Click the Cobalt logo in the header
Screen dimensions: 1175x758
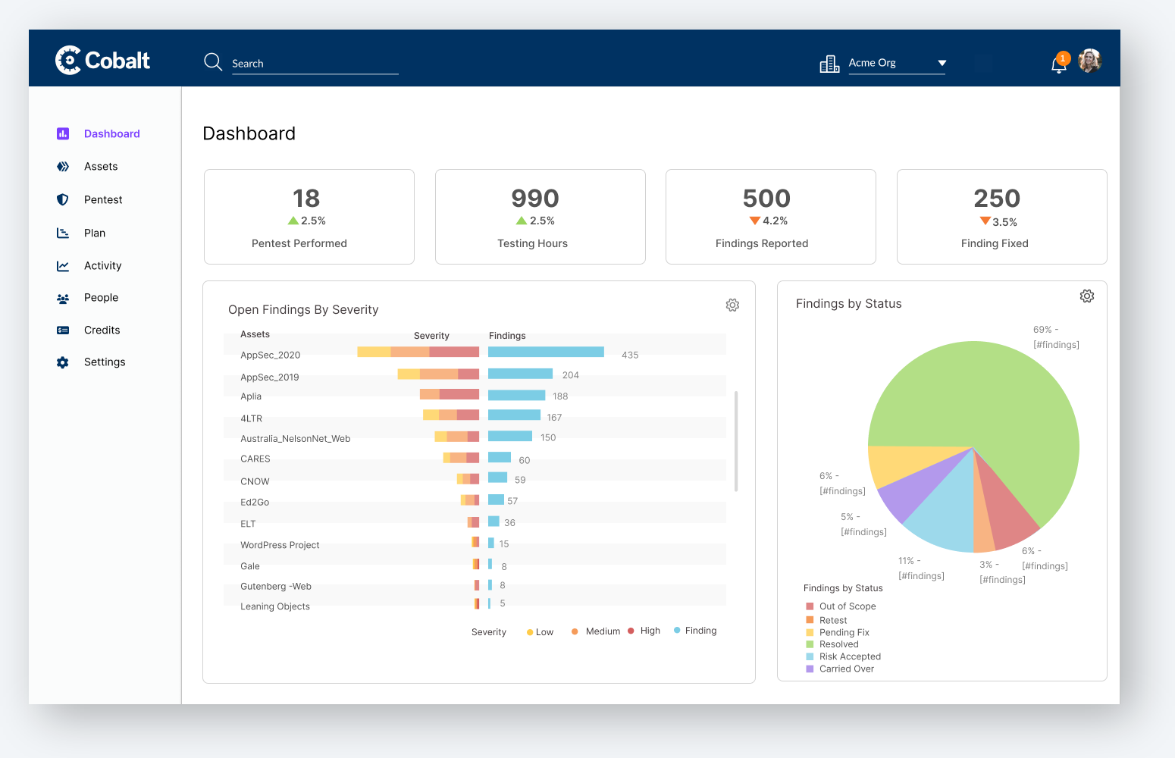click(x=102, y=61)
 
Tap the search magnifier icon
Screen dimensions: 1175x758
click(x=212, y=62)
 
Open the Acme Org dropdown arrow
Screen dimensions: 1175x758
click(x=942, y=63)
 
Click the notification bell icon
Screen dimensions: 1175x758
click(x=1058, y=64)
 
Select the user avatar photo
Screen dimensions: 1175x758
click(x=1089, y=61)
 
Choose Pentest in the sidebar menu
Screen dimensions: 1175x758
click(x=103, y=199)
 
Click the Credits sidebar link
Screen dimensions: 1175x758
click(x=102, y=330)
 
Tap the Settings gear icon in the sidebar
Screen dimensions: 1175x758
click(x=62, y=362)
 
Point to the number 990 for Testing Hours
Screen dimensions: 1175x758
click(x=535, y=199)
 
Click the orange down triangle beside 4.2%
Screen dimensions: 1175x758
click(x=754, y=221)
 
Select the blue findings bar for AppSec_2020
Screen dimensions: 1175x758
click(x=546, y=352)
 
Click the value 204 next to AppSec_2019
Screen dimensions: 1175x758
click(x=570, y=375)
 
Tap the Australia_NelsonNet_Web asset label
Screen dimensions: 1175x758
click(x=296, y=439)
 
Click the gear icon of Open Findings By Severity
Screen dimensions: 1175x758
click(x=732, y=305)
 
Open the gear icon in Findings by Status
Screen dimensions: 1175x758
click(x=1087, y=296)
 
